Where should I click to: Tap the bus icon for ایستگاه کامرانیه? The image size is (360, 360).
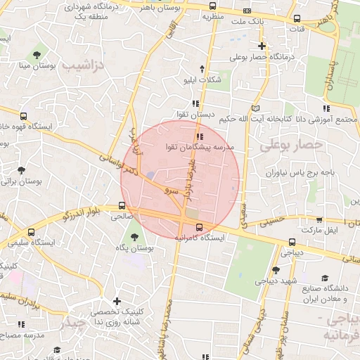pos(199,227)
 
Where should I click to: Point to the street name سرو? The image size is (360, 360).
pos(171,190)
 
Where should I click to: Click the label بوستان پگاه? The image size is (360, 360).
pos(136,249)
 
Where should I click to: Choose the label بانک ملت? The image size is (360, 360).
pos(255,22)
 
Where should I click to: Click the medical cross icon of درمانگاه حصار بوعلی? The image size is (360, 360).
pos(262,46)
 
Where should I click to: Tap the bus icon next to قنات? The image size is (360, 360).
pos(297,20)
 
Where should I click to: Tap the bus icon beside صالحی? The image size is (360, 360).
pos(122,206)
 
